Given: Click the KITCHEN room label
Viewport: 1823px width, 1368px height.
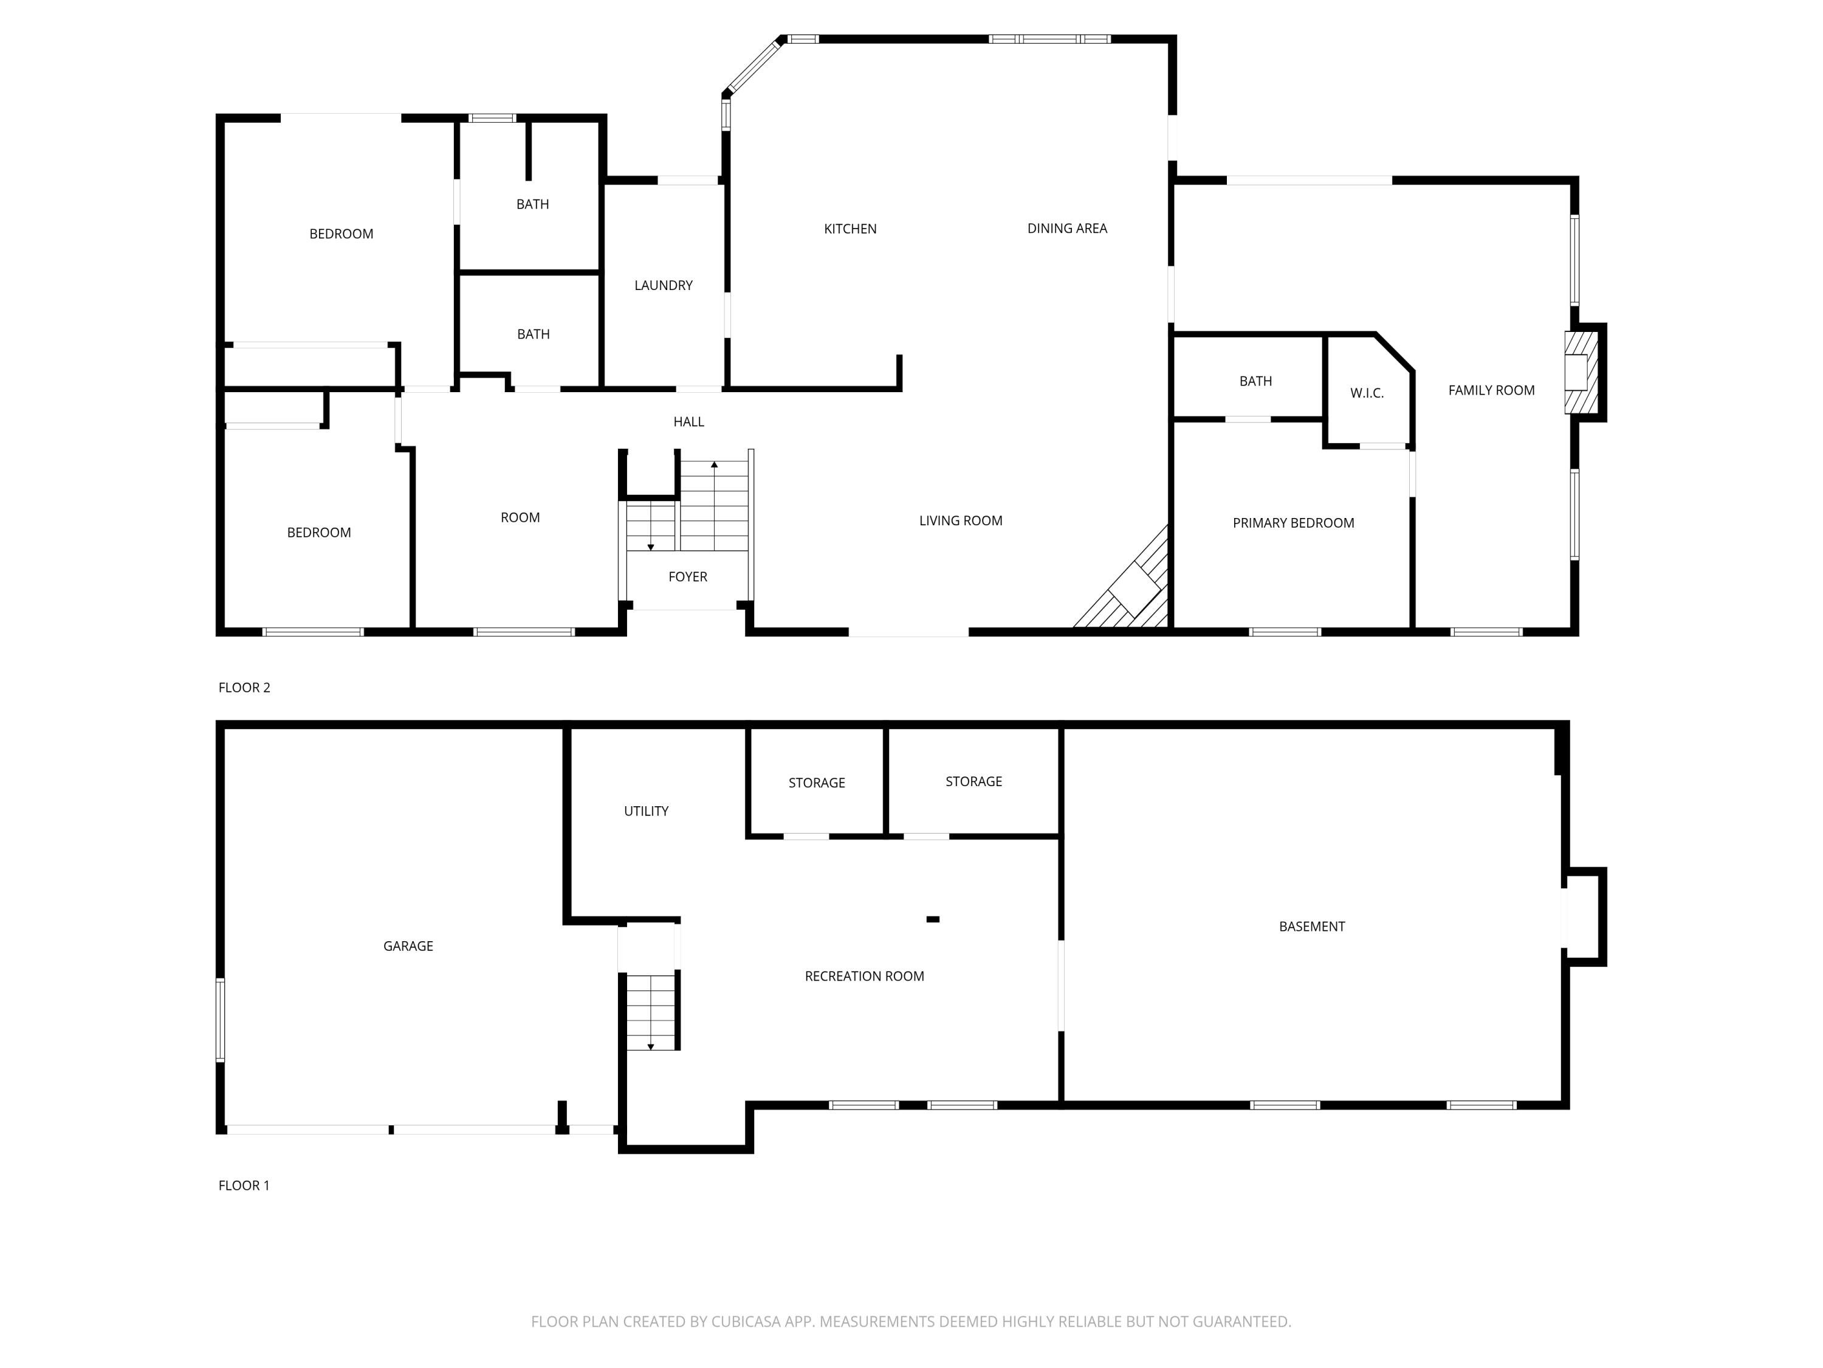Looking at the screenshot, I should coord(850,229).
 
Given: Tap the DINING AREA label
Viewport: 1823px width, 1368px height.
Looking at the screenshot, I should coord(1066,229).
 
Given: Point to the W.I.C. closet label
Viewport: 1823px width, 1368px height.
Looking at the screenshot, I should coord(1367,393).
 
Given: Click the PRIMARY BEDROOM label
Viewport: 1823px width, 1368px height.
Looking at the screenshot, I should coord(1293,523).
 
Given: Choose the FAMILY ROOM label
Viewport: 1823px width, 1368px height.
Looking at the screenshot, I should coord(1491,390).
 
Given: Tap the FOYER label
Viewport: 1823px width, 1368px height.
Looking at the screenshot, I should coord(687,576).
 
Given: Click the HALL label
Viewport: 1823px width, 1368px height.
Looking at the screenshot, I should coord(688,421).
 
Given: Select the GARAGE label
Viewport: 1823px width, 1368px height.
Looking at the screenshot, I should coord(408,946).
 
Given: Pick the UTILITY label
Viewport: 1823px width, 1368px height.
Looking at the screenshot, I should coord(645,810).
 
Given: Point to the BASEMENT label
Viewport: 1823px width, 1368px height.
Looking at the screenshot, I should coord(1311,926).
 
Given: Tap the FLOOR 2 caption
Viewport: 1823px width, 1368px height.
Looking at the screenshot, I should coord(244,687).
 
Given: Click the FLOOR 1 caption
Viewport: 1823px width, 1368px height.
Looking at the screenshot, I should coord(244,1185).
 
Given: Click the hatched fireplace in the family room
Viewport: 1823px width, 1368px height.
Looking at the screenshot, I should coord(1580,372).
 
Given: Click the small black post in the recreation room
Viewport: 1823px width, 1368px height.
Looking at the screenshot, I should coord(933,919).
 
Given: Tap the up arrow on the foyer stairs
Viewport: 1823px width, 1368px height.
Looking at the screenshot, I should coord(715,466).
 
